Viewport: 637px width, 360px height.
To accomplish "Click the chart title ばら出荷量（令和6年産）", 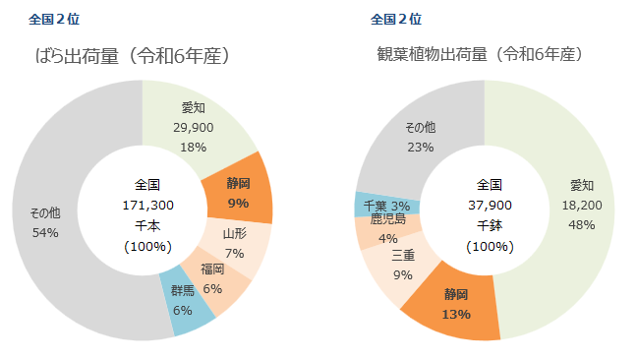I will click(134, 56).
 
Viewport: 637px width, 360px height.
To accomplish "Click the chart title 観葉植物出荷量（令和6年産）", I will click(481, 56).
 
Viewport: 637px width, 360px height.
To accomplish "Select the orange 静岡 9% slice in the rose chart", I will click(238, 190).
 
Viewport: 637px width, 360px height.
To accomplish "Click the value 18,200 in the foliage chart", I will click(582, 205).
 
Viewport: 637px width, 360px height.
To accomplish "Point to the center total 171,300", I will click(147, 205).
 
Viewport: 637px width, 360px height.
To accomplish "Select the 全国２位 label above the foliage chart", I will click(396, 18).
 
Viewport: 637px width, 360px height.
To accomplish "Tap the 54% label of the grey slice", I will click(45, 232).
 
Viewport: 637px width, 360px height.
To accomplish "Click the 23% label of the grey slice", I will click(421, 147).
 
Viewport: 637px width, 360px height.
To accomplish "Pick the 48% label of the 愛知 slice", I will click(582, 224).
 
